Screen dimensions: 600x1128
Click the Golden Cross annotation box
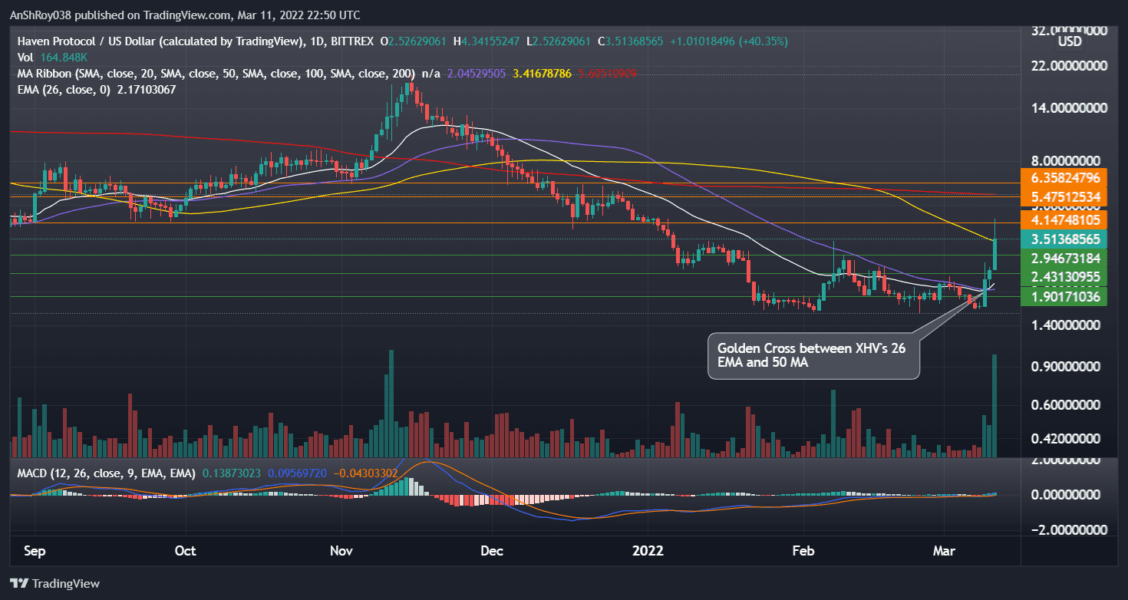(813, 355)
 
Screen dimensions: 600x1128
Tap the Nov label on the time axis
(341, 551)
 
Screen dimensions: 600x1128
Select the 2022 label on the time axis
(648, 551)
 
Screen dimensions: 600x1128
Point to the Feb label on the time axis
(803, 551)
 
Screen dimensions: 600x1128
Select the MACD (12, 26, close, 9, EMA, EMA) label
(106, 473)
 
